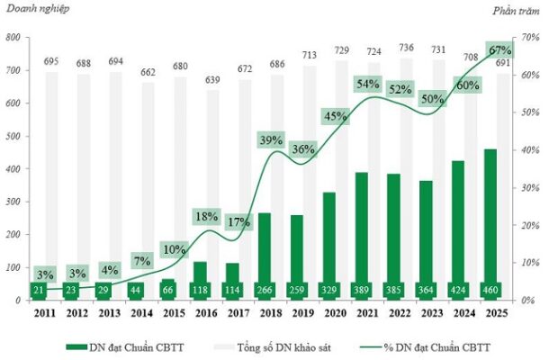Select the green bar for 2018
(x=263, y=247)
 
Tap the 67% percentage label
(x=498, y=49)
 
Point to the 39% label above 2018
(x=271, y=140)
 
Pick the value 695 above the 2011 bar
(x=51, y=60)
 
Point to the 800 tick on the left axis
(x=13, y=38)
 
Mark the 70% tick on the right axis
(x=531, y=38)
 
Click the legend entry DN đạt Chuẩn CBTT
(x=135, y=346)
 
